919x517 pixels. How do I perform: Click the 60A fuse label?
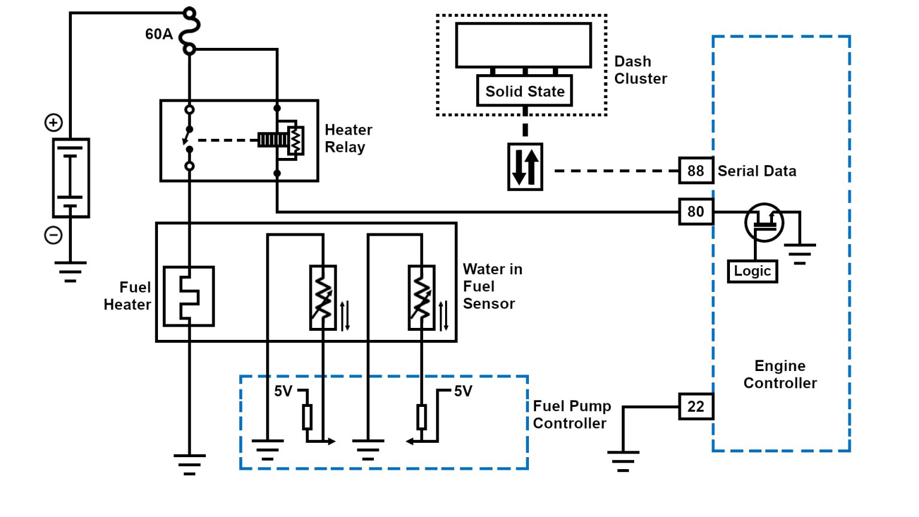pyautogui.click(x=159, y=34)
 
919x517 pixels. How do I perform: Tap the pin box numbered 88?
pyautogui.click(x=695, y=171)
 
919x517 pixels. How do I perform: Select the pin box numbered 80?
pyautogui.click(x=695, y=212)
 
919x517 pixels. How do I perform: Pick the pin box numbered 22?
pyautogui.click(x=695, y=407)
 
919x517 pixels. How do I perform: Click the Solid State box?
pyautogui.click(x=525, y=92)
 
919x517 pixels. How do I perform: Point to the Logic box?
pyautogui.click(x=752, y=271)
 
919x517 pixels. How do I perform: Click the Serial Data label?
pyautogui.click(x=757, y=171)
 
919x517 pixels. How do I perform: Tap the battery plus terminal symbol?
pyautogui.click(x=54, y=123)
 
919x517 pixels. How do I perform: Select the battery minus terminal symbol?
pyautogui.click(x=54, y=235)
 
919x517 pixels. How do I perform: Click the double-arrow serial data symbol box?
pyautogui.click(x=525, y=167)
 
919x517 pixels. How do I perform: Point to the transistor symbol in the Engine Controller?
pyautogui.click(x=764, y=223)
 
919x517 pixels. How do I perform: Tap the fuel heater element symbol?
pyautogui.click(x=188, y=296)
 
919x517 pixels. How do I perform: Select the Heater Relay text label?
pyautogui.click(x=348, y=138)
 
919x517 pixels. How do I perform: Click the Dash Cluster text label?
pyautogui.click(x=640, y=70)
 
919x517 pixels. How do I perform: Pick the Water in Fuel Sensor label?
pyautogui.click(x=492, y=287)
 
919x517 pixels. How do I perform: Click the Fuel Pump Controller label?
pyautogui.click(x=571, y=415)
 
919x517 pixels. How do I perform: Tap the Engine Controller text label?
pyautogui.click(x=780, y=375)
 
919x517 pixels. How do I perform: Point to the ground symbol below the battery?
pyautogui.click(x=71, y=271)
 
